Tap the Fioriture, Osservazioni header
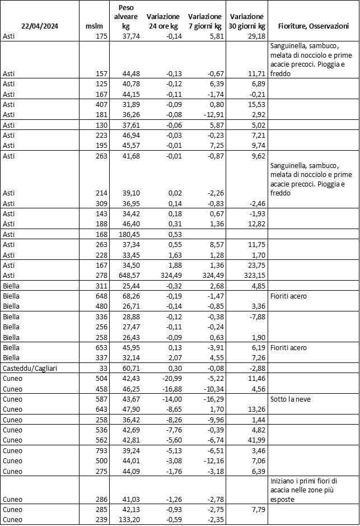tap(314, 26)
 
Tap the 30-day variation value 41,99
tap(254, 440)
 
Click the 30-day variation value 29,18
tap(254, 36)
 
